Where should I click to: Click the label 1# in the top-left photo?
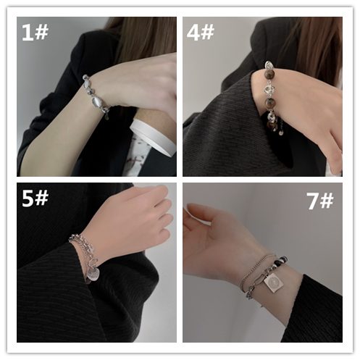[35, 33]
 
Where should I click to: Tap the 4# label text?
[201, 33]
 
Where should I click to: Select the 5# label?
[35, 198]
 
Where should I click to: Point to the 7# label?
[320, 201]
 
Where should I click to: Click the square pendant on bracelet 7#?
[273, 282]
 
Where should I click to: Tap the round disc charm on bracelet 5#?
[93, 275]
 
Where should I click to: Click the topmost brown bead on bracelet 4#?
[269, 74]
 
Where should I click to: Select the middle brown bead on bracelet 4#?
[271, 103]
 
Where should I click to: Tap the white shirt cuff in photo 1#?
[153, 137]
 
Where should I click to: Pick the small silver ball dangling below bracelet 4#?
[281, 133]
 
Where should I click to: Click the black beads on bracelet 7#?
[280, 261]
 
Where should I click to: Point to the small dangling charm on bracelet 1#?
[106, 117]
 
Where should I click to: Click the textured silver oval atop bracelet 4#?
[269, 64]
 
